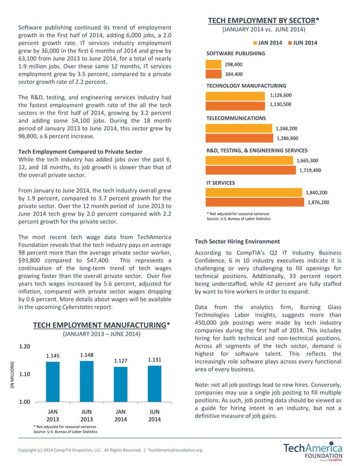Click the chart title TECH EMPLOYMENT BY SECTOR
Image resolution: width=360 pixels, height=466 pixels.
tap(264, 20)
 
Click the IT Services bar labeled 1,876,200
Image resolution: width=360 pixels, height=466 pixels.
tap(254, 202)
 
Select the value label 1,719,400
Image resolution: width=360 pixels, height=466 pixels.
tap(309, 170)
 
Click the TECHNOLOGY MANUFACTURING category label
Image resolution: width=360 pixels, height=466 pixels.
tap(246, 86)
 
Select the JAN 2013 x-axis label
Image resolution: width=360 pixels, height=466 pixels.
tap(52, 415)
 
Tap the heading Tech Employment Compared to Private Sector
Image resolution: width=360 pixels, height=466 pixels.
tap(80, 152)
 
